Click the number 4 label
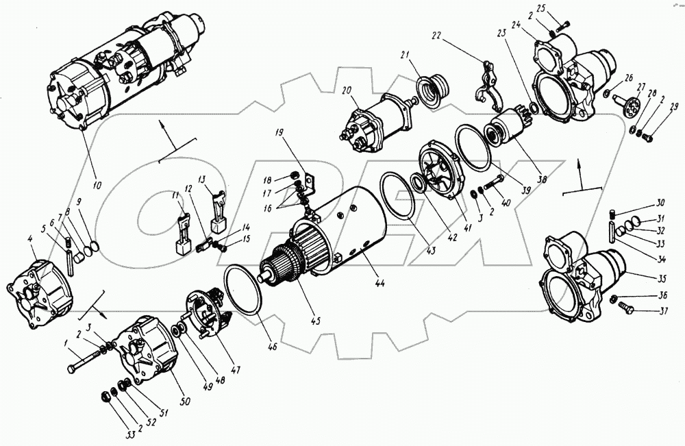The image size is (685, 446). click(30, 238)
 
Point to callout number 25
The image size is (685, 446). click(560, 8)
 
